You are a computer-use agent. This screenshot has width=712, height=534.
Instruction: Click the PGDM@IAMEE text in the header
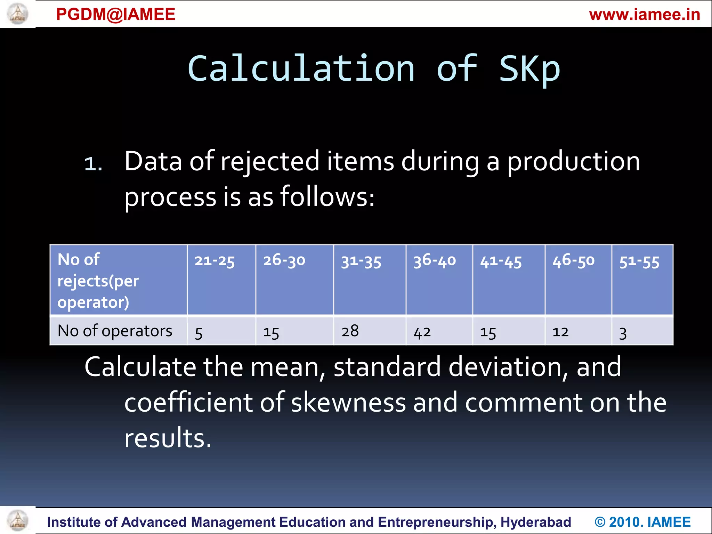[115, 14]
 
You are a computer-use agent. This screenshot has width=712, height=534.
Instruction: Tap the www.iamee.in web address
[645, 15]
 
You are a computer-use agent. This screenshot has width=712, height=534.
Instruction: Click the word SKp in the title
[529, 69]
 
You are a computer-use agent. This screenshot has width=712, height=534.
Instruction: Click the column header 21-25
[215, 261]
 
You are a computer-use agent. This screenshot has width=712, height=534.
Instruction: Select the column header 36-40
[434, 260]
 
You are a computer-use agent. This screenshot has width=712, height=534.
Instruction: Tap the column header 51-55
[639, 261]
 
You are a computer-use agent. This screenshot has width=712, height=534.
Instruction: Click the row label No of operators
[115, 331]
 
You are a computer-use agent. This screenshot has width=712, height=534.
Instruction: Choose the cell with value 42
[422, 332]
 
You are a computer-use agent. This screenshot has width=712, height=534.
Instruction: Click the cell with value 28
[350, 331]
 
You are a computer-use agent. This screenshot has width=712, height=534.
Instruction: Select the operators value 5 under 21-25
[199, 333]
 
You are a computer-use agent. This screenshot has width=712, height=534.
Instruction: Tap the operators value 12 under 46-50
[560, 332]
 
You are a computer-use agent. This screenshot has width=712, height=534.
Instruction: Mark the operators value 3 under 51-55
[623, 333]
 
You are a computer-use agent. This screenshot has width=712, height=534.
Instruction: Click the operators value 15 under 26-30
[271, 332]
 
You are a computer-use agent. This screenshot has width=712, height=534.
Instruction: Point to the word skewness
[348, 402]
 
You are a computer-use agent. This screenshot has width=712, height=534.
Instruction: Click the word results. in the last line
[168, 438]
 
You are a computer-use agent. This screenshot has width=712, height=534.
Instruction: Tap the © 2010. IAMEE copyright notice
[642, 522]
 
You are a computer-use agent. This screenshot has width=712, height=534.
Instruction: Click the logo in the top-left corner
[17, 14]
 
